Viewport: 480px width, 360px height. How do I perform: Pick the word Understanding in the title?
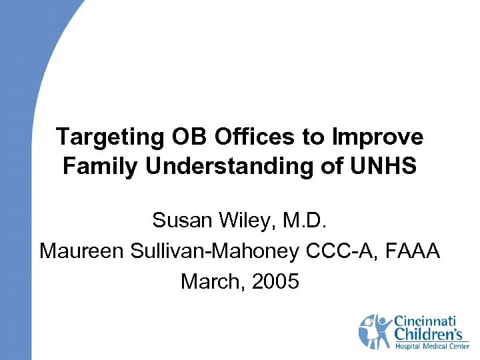pos(227,166)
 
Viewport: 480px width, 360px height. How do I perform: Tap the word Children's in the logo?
pos(430,334)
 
